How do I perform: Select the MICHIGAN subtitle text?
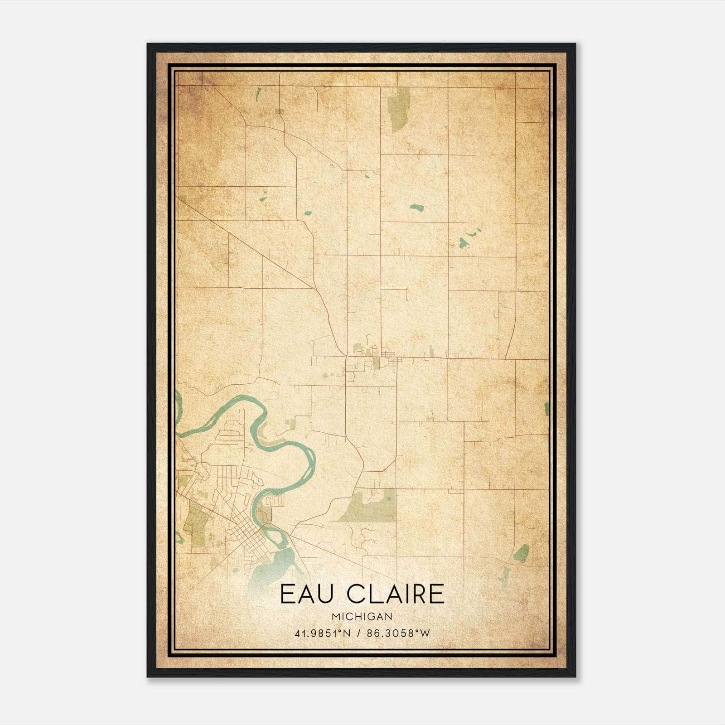362,616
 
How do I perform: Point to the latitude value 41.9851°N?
323,633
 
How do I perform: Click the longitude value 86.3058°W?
398,633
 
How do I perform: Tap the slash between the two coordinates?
358,633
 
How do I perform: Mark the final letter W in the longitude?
424,633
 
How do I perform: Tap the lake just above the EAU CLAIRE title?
272,569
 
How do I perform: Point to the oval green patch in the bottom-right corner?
521,553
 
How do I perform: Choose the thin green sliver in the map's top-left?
258,94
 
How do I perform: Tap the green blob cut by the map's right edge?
546,409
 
